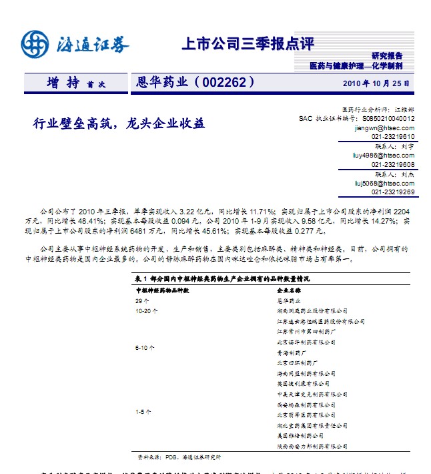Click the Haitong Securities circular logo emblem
pyautogui.click(x=35, y=45)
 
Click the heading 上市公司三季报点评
pyautogui.click(x=248, y=45)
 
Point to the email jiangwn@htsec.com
pyautogui.click(x=384, y=127)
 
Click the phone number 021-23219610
pyautogui.click(x=393, y=136)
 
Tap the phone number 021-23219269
pyautogui.click(x=393, y=192)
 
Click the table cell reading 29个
pyautogui.click(x=141, y=301)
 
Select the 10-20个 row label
pyautogui.click(x=147, y=310)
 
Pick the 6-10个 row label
pyautogui.click(x=145, y=347)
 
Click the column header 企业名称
pyautogui.click(x=289, y=291)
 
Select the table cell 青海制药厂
pyautogui.click(x=292, y=352)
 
